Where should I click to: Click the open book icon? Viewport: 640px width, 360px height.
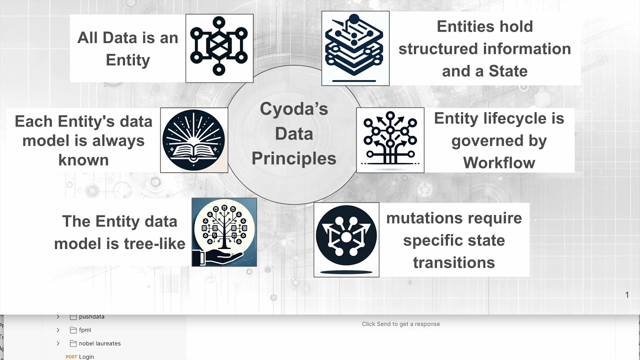click(x=194, y=140)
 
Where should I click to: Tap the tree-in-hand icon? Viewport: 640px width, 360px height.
click(x=224, y=232)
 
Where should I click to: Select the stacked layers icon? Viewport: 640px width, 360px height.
click(x=355, y=48)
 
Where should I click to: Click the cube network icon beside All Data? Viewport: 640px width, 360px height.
click(x=219, y=48)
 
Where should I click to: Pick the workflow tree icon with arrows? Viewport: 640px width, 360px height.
click(x=390, y=140)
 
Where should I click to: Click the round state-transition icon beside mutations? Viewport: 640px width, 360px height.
click(x=346, y=239)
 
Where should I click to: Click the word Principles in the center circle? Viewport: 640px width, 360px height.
click(x=294, y=158)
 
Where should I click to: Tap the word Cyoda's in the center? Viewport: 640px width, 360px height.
click(x=294, y=109)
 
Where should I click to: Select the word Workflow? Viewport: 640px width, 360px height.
click(x=499, y=162)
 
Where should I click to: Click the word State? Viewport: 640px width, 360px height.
click(x=508, y=71)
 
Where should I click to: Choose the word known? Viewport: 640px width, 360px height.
click(x=83, y=160)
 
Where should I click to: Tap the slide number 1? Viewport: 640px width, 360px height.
click(x=627, y=295)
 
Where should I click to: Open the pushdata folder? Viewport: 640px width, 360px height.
click(x=91, y=317)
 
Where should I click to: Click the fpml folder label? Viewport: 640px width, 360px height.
click(x=85, y=330)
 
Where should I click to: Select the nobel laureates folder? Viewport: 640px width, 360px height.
click(x=99, y=343)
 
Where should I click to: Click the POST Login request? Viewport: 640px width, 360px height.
click(x=86, y=356)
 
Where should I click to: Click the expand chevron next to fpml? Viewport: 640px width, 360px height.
click(x=58, y=330)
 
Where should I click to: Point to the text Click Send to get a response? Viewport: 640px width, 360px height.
click(x=400, y=324)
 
